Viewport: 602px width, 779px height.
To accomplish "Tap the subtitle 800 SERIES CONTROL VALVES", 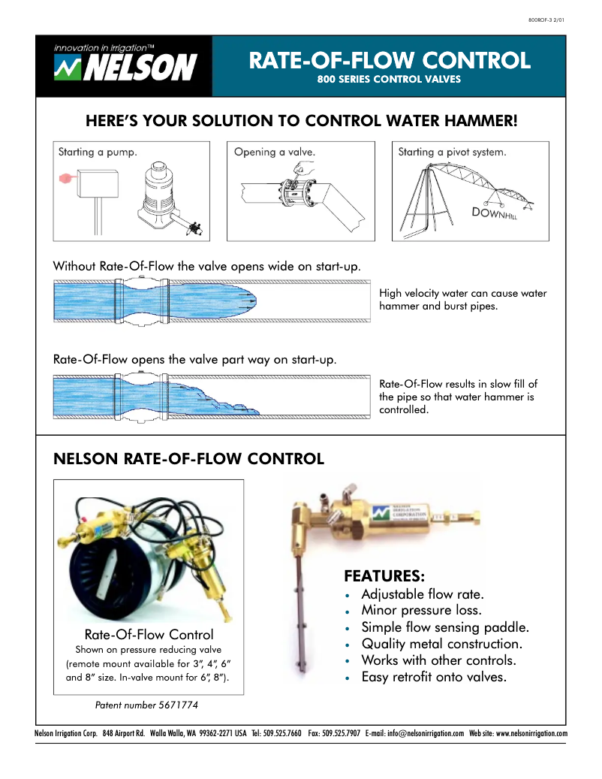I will coord(389,78).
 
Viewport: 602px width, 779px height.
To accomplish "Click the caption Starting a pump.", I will coord(98,152).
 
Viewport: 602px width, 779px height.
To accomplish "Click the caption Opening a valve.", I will coord(274,152).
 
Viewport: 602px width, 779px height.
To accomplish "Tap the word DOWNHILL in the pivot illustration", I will coord(495,213).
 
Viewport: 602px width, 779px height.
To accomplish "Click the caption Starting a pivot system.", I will coord(452,152).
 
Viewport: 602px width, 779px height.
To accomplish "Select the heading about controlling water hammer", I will coord(301,120).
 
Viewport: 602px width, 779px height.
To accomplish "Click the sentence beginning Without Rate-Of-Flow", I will coord(206,266).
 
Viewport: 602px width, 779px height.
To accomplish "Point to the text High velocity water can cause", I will coord(462,293).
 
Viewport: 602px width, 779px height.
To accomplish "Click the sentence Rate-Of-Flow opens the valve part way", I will coord(194,359).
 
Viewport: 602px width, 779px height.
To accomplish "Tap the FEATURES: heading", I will coord(384,576).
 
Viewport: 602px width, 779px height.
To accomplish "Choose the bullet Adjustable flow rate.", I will coord(423,594).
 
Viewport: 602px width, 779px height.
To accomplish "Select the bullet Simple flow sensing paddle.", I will coord(445,627).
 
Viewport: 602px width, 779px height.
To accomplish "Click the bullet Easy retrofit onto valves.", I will coord(434,677).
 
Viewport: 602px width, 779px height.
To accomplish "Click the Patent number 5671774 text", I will coord(146,705).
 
